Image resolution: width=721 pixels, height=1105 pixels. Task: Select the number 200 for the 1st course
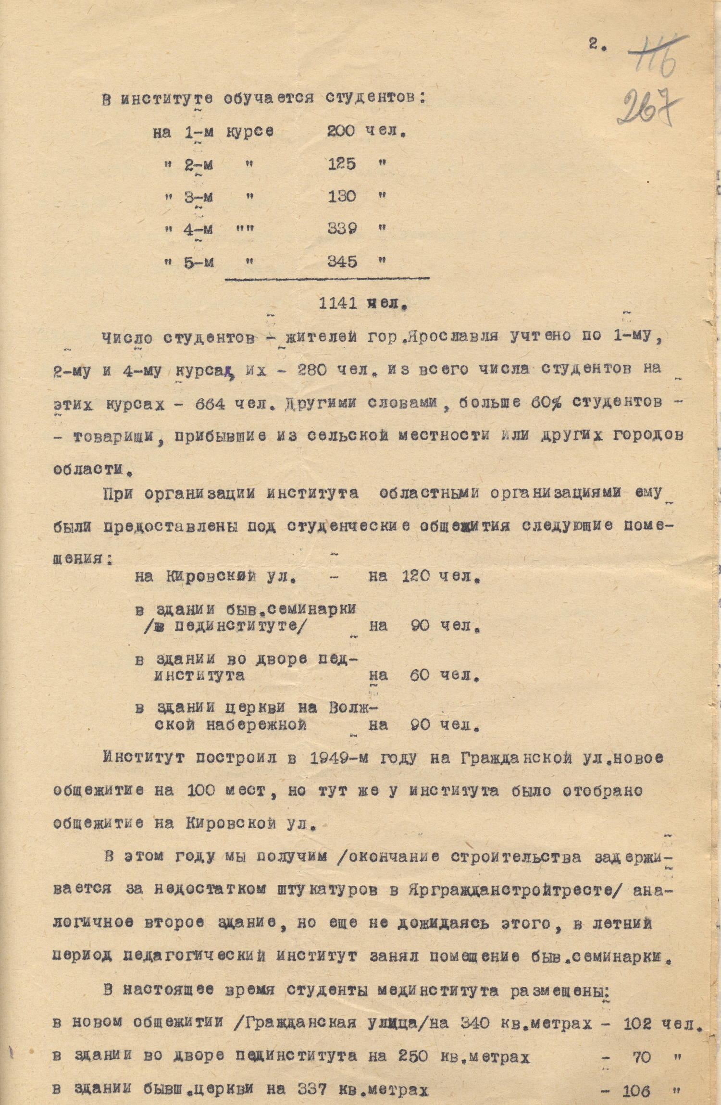341,131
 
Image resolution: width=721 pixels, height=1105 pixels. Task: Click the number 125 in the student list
341,164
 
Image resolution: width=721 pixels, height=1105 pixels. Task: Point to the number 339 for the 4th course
342,228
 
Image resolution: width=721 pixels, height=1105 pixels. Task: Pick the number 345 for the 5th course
342,262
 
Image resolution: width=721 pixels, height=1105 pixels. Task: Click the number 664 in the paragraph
210,403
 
